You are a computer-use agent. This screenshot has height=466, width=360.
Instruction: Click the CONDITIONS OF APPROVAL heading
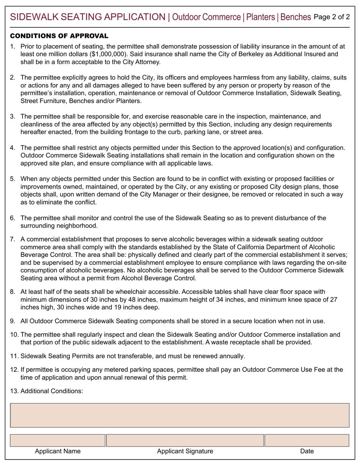pyautogui.click(x=59, y=36)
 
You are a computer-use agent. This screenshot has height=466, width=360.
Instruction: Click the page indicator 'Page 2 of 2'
pyautogui.click(x=332, y=17)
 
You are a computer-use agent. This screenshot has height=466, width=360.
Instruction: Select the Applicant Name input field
pyautogui.click(x=57, y=440)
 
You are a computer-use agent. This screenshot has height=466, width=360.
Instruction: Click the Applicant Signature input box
pyautogui.click(x=185, y=440)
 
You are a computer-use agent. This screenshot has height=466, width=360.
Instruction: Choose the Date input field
pyautogui.click(x=307, y=440)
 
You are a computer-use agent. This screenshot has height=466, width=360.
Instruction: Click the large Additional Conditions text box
pyautogui.click(x=180, y=416)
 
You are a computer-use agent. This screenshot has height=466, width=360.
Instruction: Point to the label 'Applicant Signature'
pyautogui.click(x=185, y=451)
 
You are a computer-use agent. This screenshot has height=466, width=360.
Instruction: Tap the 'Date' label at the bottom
pyautogui.click(x=307, y=451)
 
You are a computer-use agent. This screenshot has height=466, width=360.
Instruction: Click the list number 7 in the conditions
pyautogui.click(x=13, y=239)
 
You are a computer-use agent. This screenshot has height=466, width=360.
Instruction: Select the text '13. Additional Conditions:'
pyautogui.click(x=47, y=391)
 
